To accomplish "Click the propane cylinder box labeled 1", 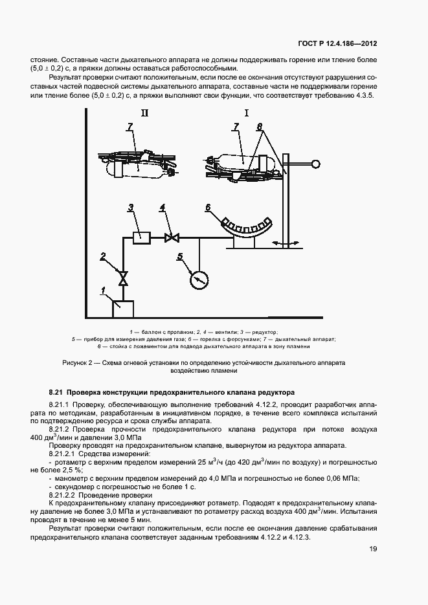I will coord(123,309).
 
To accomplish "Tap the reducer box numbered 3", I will coord(139,237).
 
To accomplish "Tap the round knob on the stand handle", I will coord(317,164).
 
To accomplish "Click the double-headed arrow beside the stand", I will coord(303,243).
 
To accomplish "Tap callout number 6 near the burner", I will coord(208,207).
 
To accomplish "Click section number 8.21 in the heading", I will coord(56,392).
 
